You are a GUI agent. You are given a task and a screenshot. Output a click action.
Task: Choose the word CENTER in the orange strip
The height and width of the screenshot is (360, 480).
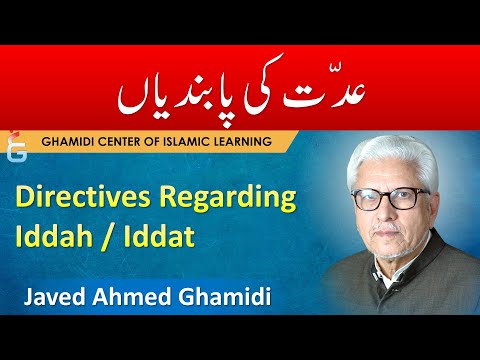(x=135, y=142)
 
